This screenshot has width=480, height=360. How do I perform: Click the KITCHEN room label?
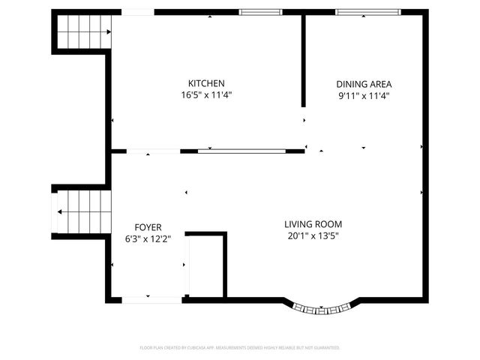coord(206,83)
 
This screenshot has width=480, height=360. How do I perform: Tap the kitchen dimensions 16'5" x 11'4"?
coord(206,95)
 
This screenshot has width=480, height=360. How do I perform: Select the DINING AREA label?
coord(364,84)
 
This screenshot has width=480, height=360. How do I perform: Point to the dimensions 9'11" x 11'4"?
coord(364,96)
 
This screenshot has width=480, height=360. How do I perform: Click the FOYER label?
coord(148,227)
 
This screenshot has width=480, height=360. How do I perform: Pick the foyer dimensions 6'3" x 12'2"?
coord(148,239)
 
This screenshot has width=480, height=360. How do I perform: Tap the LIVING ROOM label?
coord(313,224)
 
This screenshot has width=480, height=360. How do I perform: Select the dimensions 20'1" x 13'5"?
coord(313,236)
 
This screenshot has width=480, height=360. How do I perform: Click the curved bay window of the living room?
coord(322,307)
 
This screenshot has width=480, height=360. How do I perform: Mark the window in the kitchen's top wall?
coord(260,12)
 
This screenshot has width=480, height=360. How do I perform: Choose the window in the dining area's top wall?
coord(367,12)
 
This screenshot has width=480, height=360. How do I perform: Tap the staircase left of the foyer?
coord(81,211)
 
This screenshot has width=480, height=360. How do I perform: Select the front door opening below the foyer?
coord(151,299)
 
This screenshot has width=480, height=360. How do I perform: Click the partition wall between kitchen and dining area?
coord(303,60)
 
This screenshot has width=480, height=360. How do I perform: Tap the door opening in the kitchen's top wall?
coord(138,12)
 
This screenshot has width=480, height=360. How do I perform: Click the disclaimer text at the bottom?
coord(240,348)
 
